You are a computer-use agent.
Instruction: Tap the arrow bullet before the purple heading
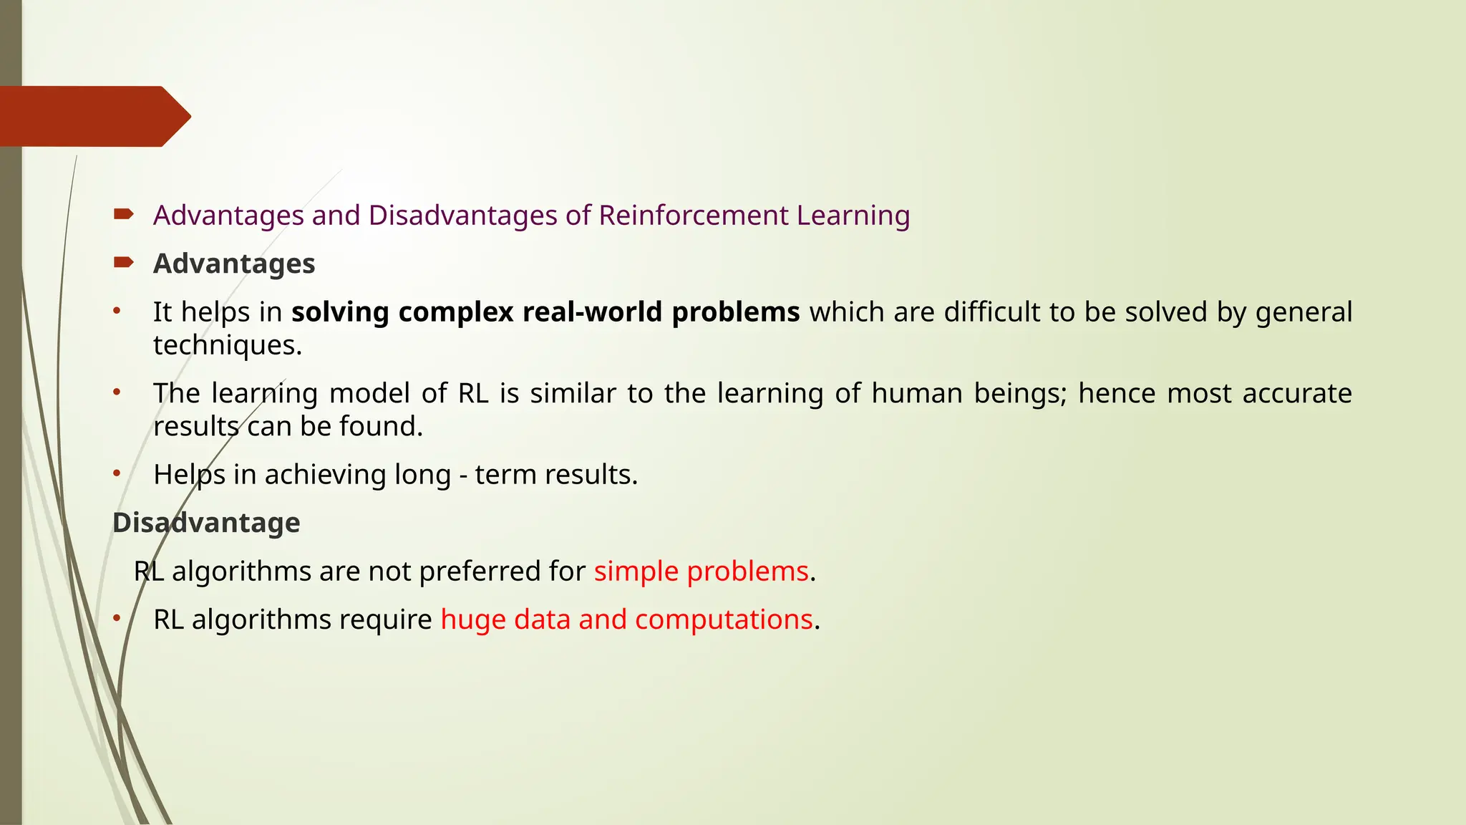[123, 214]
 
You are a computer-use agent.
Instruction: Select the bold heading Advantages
[234, 264]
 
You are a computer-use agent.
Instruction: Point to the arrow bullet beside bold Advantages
[123, 263]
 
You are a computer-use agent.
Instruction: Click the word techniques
[228, 345]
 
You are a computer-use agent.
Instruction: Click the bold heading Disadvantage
[206, 523]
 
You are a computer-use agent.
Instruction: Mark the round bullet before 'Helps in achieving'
[117, 473]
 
